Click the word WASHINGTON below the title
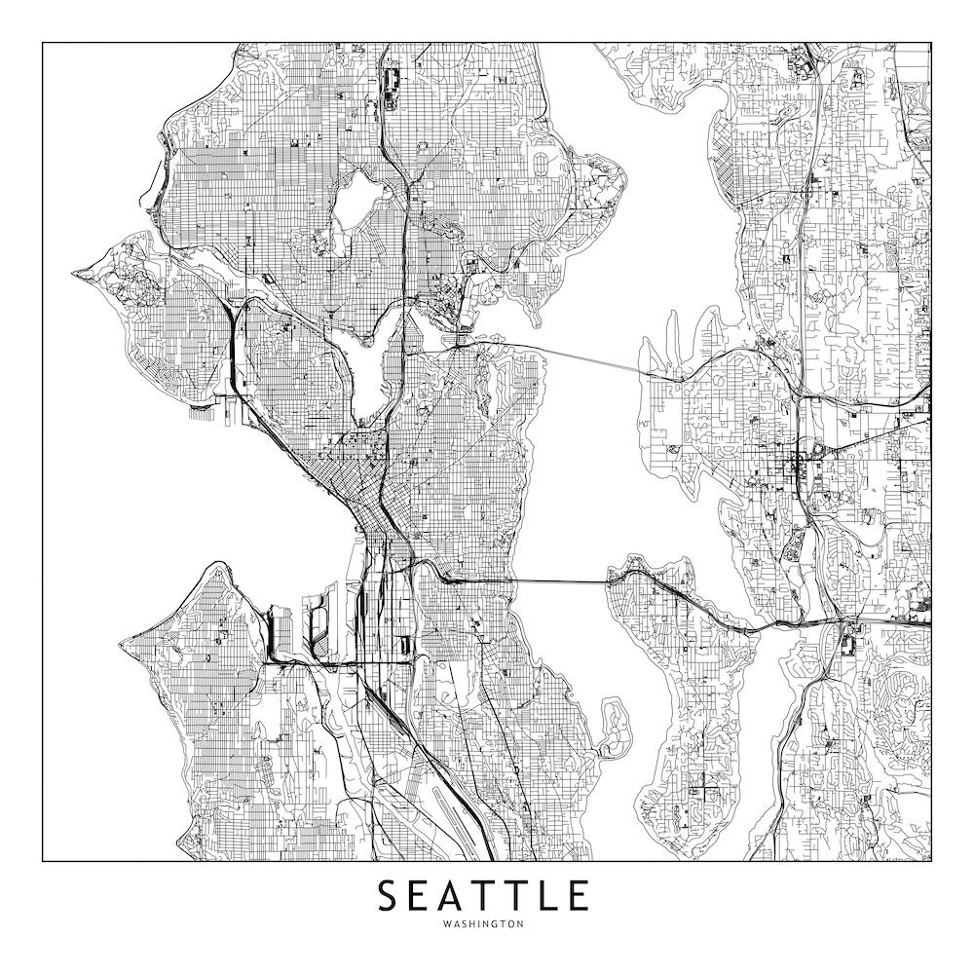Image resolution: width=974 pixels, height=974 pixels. tap(483, 923)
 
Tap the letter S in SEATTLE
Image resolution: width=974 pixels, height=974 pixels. tap(388, 896)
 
